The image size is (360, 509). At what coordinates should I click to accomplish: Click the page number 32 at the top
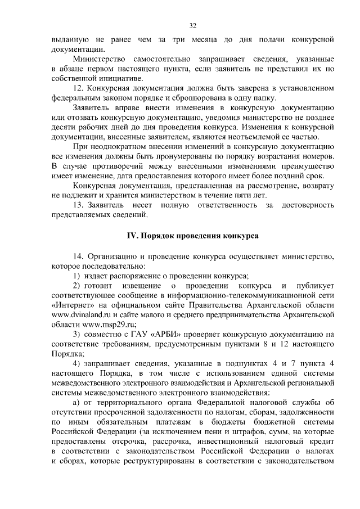pos(192,26)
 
